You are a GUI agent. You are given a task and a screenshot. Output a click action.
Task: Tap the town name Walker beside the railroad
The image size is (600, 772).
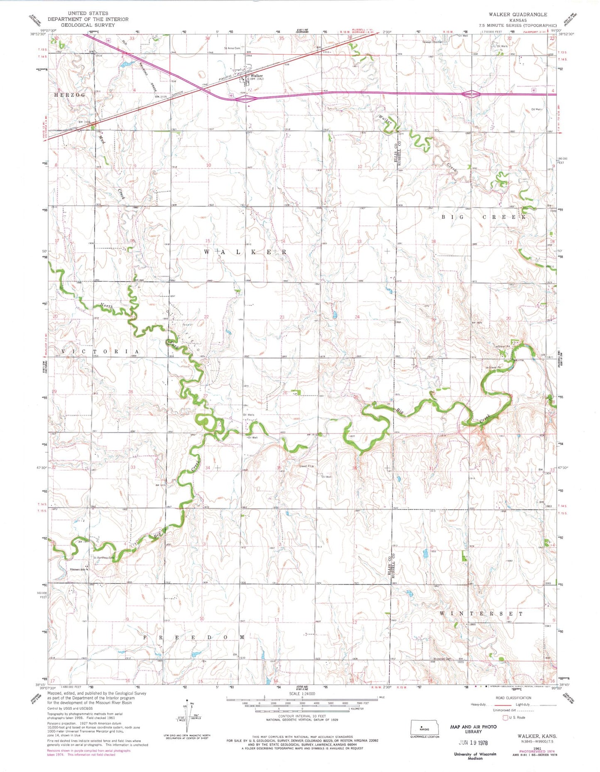click(x=256, y=76)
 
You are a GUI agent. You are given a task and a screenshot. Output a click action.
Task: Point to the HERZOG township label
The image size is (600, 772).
click(x=70, y=95)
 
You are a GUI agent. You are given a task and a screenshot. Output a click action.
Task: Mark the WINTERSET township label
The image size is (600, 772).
click(x=481, y=613)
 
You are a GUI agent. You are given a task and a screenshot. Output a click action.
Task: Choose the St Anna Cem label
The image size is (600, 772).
click(x=232, y=48)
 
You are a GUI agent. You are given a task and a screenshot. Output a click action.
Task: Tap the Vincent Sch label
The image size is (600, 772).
click(x=77, y=569)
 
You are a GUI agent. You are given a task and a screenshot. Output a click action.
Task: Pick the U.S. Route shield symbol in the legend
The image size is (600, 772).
click(x=505, y=717)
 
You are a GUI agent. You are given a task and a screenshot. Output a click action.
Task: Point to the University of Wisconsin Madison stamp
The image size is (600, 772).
click(x=475, y=756)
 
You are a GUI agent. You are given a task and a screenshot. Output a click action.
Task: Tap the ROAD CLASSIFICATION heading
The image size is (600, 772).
click(x=513, y=698)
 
